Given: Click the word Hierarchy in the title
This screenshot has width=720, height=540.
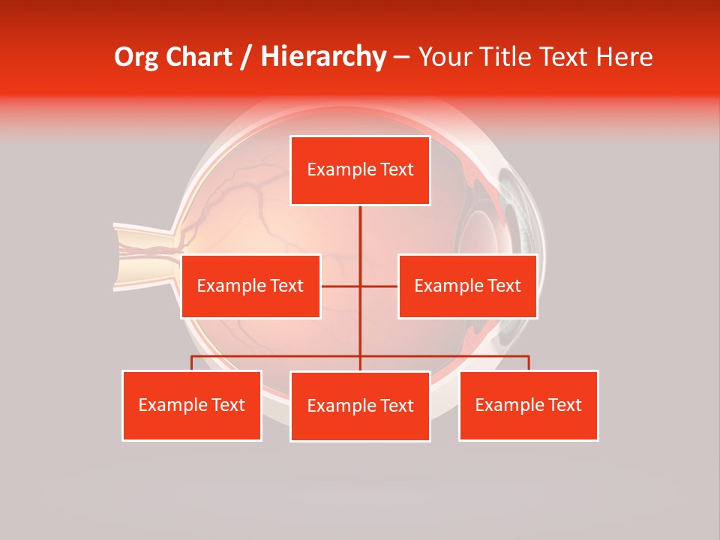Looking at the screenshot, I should pyautogui.click(x=322, y=57).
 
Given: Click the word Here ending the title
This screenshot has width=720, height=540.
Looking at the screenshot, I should pyautogui.click(x=624, y=57).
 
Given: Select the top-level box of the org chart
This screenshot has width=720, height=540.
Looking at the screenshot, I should pyautogui.click(x=360, y=170).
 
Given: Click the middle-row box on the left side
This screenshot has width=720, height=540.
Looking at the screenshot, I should pyautogui.click(x=250, y=286).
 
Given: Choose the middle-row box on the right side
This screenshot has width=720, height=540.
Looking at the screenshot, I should pyautogui.click(x=467, y=286).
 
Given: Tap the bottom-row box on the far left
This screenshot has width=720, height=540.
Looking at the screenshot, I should pyautogui.click(x=192, y=406).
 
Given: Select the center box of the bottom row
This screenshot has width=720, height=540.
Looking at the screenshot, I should pyautogui.click(x=360, y=406).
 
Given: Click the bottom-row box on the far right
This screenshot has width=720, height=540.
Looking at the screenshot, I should pyautogui.click(x=529, y=406).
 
